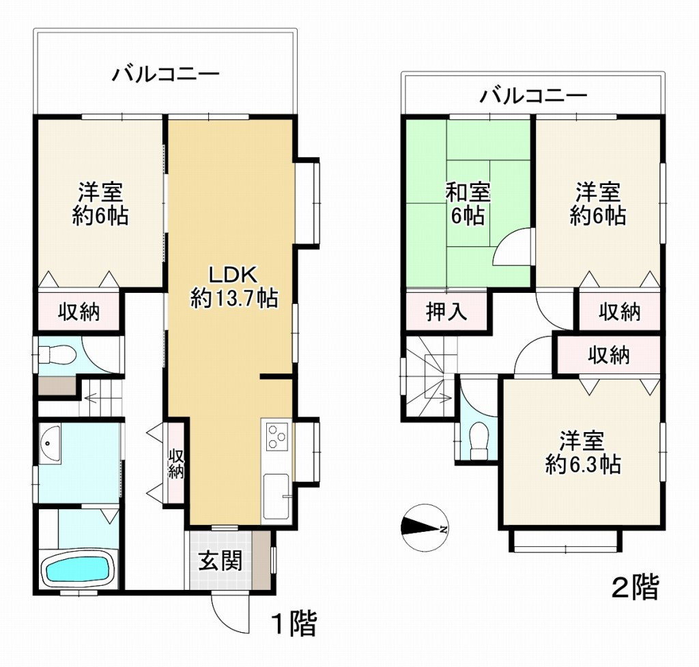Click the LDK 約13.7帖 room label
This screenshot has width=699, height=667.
click(x=233, y=287)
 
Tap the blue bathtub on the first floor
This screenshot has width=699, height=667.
click(x=76, y=569)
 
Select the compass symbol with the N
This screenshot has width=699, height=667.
click(x=424, y=527)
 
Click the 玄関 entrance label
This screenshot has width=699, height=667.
click(x=220, y=561)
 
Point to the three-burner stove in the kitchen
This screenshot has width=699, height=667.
click(x=276, y=437)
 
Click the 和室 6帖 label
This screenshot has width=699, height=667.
click(x=468, y=204)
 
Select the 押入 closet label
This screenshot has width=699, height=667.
click(x=446, y=312)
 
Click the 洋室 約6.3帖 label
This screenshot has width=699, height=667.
click(x=582, y=452)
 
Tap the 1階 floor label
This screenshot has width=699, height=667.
click(x=294, y=624)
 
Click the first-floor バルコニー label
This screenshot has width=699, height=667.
click(x=166, y=73)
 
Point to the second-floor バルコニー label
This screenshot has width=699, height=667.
click(x=532, y=96)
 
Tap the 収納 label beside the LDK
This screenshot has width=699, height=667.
click(x=175, y=464)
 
